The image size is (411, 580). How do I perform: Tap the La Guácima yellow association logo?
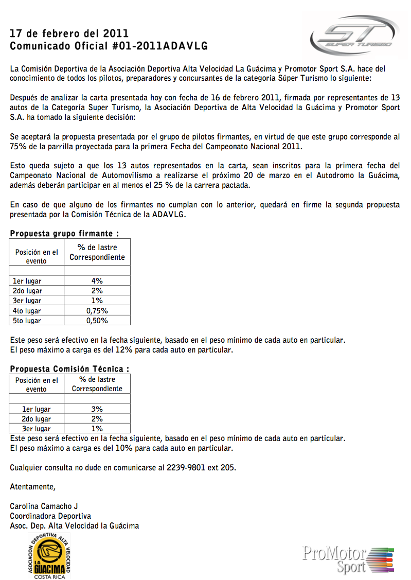(x=49, y=555)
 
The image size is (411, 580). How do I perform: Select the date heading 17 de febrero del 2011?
(x=69, y=34)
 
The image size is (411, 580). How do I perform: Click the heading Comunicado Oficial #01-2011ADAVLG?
(x=109, y=46)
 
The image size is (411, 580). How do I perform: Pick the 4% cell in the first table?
(x=97, y=281)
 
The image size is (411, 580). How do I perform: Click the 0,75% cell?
(x=97, y=311)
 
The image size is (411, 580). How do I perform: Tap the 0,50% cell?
(x=97, y=321)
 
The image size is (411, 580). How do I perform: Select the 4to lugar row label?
(x=27, y=311)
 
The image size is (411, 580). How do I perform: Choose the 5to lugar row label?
(x=27, y=321)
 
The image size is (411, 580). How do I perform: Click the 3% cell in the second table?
(x=97, y=409)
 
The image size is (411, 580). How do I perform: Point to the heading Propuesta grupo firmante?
(x=65, y=234)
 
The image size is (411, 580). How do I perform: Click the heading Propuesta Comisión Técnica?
(x=69, y=369)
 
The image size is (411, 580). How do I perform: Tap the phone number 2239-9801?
(x=185, y=468)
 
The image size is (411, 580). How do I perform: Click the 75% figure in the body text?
(x=19, y=147)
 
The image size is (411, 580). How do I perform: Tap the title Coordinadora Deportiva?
(x=50, y=516)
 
